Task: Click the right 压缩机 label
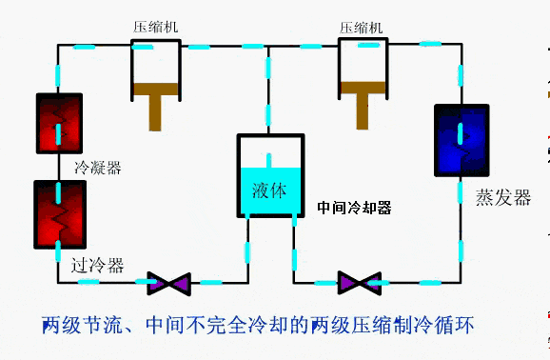click(362, 27)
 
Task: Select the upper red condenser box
click(58, 123)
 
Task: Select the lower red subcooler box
click(59, 215)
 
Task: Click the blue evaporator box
click(462, 140)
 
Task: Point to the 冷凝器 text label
click(99, 169)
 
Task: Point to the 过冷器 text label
click(98, 266)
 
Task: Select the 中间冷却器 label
click(354, 207)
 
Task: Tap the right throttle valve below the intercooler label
click(359, 283)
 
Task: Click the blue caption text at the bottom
click(257, 326)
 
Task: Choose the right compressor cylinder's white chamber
click(363, 63)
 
